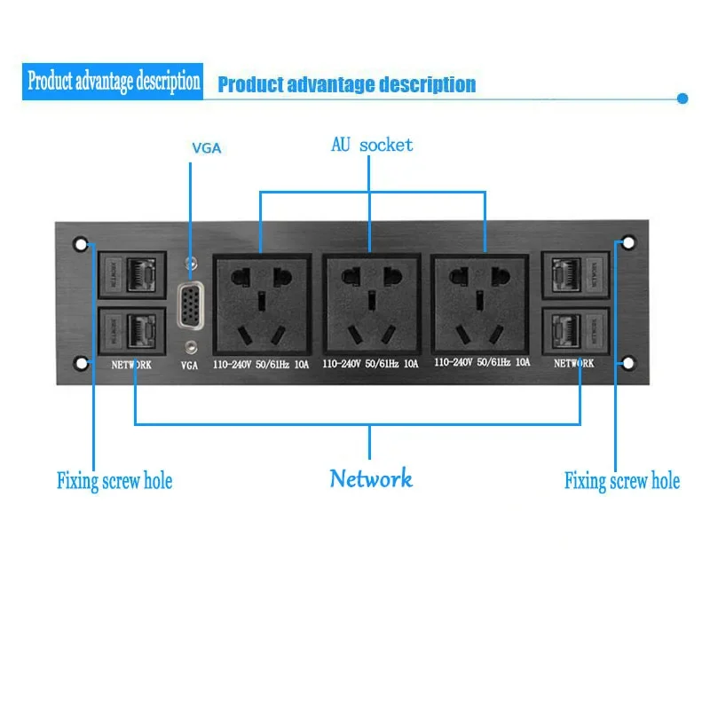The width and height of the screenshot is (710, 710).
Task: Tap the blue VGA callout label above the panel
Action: [x=206, y=148]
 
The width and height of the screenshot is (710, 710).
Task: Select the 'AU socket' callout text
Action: [x=372, y=145]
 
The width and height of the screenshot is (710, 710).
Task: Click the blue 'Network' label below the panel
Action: [x=371, y=479]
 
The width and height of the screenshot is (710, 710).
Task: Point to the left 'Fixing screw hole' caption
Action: [x=114, y=482]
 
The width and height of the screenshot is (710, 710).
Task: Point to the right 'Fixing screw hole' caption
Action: [x=622, y=482]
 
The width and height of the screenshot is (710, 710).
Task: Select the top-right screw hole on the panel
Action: [x=628, y=242]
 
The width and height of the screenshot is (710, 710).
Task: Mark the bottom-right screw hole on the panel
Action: [x=628, y=363]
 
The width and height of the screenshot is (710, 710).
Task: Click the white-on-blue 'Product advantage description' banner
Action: [x=114, y=83]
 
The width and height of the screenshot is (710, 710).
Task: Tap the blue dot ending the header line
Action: [x=682, y=99]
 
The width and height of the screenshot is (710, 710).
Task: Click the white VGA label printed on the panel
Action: [x=189, y=365]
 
